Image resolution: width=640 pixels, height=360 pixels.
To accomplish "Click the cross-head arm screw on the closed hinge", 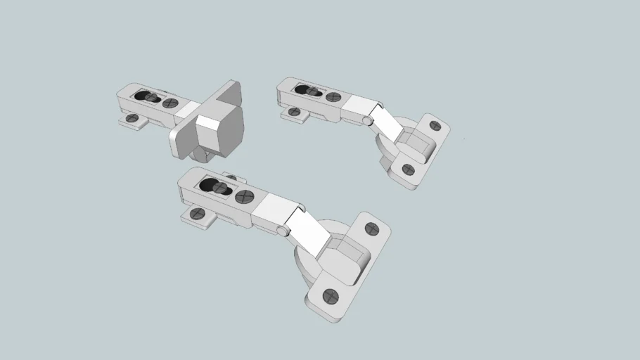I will pos(169,103).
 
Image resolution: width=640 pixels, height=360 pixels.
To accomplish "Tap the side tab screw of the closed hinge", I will pos(132,120).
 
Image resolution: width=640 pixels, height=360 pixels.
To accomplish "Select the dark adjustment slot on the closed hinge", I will pos(146,96).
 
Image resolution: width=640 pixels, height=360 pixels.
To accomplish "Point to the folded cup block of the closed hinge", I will pos(218,130).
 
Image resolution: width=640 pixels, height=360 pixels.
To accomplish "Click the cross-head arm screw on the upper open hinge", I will pos(333,97).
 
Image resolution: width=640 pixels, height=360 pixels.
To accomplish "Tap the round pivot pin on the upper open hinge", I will pos(368,120).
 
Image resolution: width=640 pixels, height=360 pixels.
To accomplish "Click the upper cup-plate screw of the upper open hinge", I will pos(435,126).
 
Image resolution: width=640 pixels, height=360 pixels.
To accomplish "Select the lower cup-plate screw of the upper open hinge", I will pos(407,169).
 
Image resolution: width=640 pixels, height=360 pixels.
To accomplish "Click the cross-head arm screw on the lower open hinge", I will pos(244,197).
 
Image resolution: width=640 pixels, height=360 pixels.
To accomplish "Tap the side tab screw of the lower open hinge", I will pos(198,213).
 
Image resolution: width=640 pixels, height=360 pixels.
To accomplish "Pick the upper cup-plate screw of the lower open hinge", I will pos(372,229).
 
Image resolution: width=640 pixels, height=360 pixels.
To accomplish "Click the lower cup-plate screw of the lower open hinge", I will pos(331,296).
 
